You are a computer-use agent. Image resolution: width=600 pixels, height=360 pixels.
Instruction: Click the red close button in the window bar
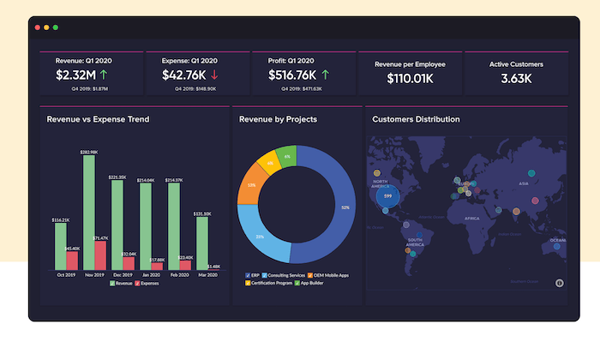click(37, 27)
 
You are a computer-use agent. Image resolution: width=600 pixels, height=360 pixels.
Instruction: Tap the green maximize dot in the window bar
click(56, 27)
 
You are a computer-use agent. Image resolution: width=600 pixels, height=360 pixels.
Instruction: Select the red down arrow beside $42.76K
click(225, 75)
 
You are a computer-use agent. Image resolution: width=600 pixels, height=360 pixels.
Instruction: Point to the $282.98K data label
click(89, 152)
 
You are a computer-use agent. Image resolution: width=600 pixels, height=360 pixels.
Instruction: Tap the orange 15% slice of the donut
click(250, 185)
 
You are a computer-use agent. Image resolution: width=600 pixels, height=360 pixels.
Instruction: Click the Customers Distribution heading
click(416, 119)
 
